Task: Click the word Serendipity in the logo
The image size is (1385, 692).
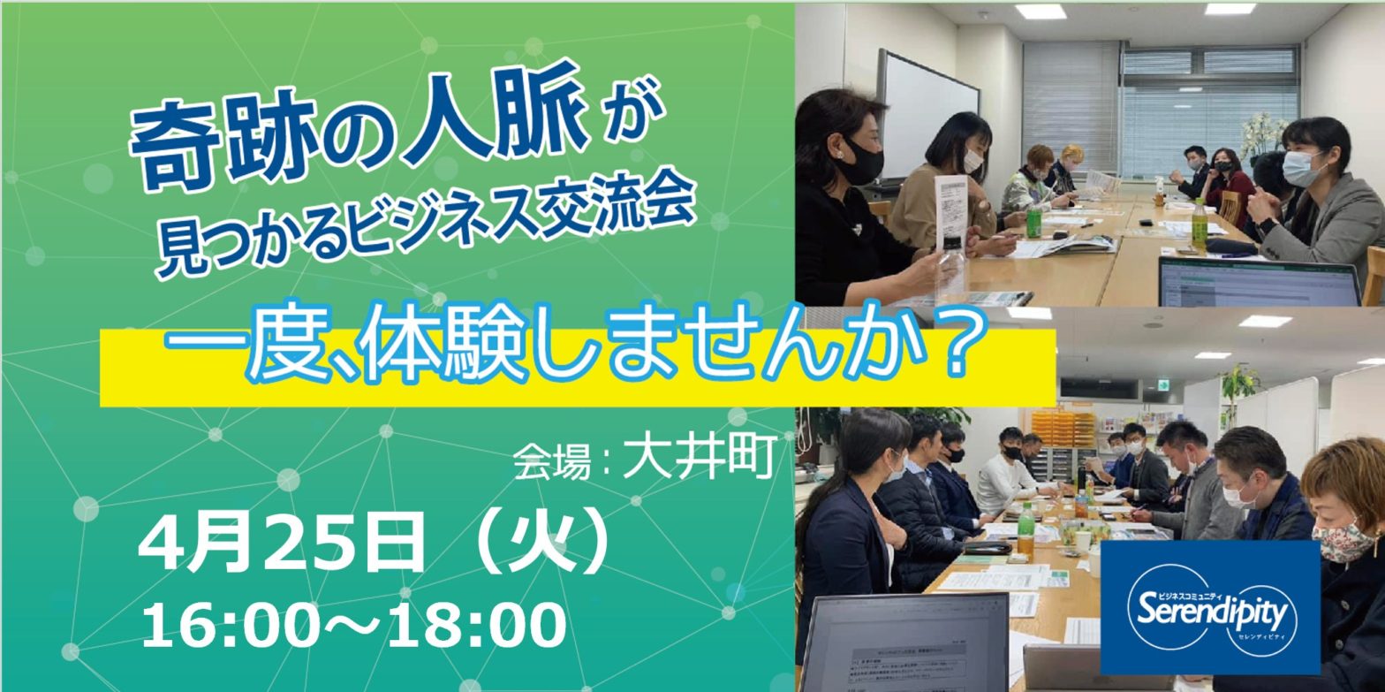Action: pos(1212,612)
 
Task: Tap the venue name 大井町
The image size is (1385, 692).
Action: pos(700,459)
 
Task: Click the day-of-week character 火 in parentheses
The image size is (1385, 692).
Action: pos(544,543)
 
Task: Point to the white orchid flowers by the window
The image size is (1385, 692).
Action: pos(1260,133)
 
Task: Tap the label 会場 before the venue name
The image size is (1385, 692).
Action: pos(551,462)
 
